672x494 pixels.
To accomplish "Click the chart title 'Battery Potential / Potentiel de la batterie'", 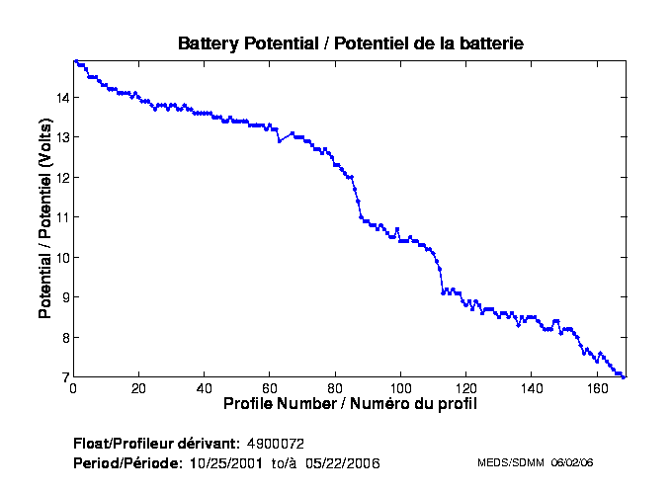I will pos(350,43).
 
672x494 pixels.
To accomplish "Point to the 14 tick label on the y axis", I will pos(62,98).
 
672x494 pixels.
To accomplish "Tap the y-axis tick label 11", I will pos(62,217).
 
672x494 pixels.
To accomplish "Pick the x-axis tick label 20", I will pos(138,388).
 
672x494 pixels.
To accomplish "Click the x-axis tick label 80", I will pos(335,388).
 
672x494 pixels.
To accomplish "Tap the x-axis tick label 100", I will pos(400,388).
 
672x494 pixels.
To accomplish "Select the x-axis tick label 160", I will pos(597,388).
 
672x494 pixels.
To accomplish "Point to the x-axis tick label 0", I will pos(73,388).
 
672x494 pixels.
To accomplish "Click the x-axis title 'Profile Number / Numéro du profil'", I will pos(349,404).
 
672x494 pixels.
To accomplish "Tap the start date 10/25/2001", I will pos(226,462).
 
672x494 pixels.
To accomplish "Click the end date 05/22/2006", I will pos(343,462).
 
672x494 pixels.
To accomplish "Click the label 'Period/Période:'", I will pos(127,462).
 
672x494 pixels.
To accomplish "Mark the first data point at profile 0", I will pos(74,61).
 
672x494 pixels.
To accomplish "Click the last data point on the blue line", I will pos(624,376).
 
